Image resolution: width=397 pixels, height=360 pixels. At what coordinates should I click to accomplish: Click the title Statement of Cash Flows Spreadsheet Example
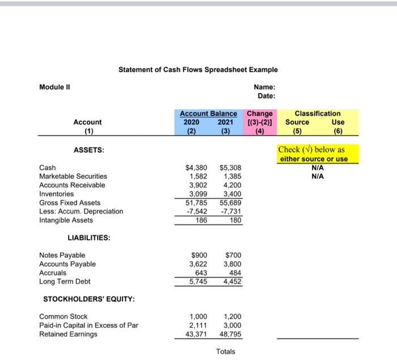click(x=198, y=70)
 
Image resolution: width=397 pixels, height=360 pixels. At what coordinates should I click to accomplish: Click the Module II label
click(x=54, y=87)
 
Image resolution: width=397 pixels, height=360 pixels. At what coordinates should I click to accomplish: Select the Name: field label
click(x=265, y=87)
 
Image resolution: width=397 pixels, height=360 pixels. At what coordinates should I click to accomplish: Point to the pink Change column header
click(x=260, y=114)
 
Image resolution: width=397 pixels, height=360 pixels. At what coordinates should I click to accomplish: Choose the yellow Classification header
click(x=318, y=114)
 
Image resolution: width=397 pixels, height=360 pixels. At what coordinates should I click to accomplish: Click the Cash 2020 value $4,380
click(x=197, y=168)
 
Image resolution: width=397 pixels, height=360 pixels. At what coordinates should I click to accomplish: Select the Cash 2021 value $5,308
click(x=230, y=168)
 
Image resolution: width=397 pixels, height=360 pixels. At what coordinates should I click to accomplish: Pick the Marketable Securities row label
click(x=73, y=177)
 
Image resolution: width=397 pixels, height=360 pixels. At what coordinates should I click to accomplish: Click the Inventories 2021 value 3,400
click(x=231, y=194)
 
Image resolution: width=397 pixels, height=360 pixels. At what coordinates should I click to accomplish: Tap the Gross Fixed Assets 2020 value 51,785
click(x=197, y=203)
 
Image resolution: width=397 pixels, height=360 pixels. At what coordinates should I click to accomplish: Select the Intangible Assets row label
click(x=66, y=220)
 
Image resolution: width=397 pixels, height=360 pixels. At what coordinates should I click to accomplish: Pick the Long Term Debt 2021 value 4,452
click(x=231, y=282)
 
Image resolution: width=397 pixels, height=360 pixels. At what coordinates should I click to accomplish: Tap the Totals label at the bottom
click(x=225, y=351)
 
